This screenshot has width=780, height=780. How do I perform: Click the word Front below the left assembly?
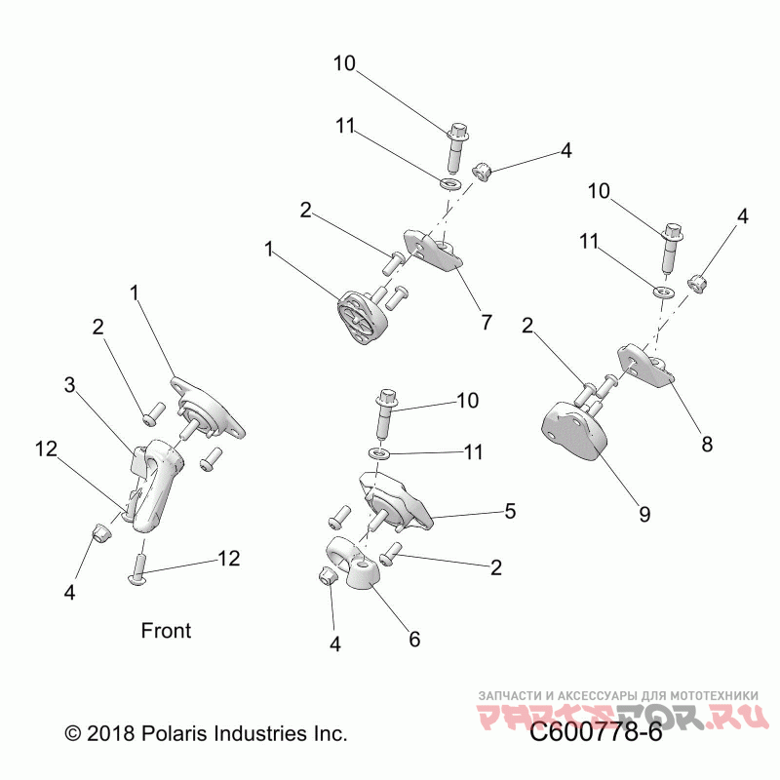click(167, 631)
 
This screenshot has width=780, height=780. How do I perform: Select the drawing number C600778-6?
click(596, 732)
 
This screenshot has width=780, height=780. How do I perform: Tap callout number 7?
click(486, 323)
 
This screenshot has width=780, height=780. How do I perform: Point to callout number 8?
click(707, 444)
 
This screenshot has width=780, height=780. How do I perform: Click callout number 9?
click(643, 513)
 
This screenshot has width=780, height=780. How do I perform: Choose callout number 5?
click(509, 510)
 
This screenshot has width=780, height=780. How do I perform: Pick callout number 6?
click(414, 640)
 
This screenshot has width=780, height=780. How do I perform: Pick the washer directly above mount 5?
click(381, 453)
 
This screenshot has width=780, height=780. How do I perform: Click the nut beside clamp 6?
click(328, 578)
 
